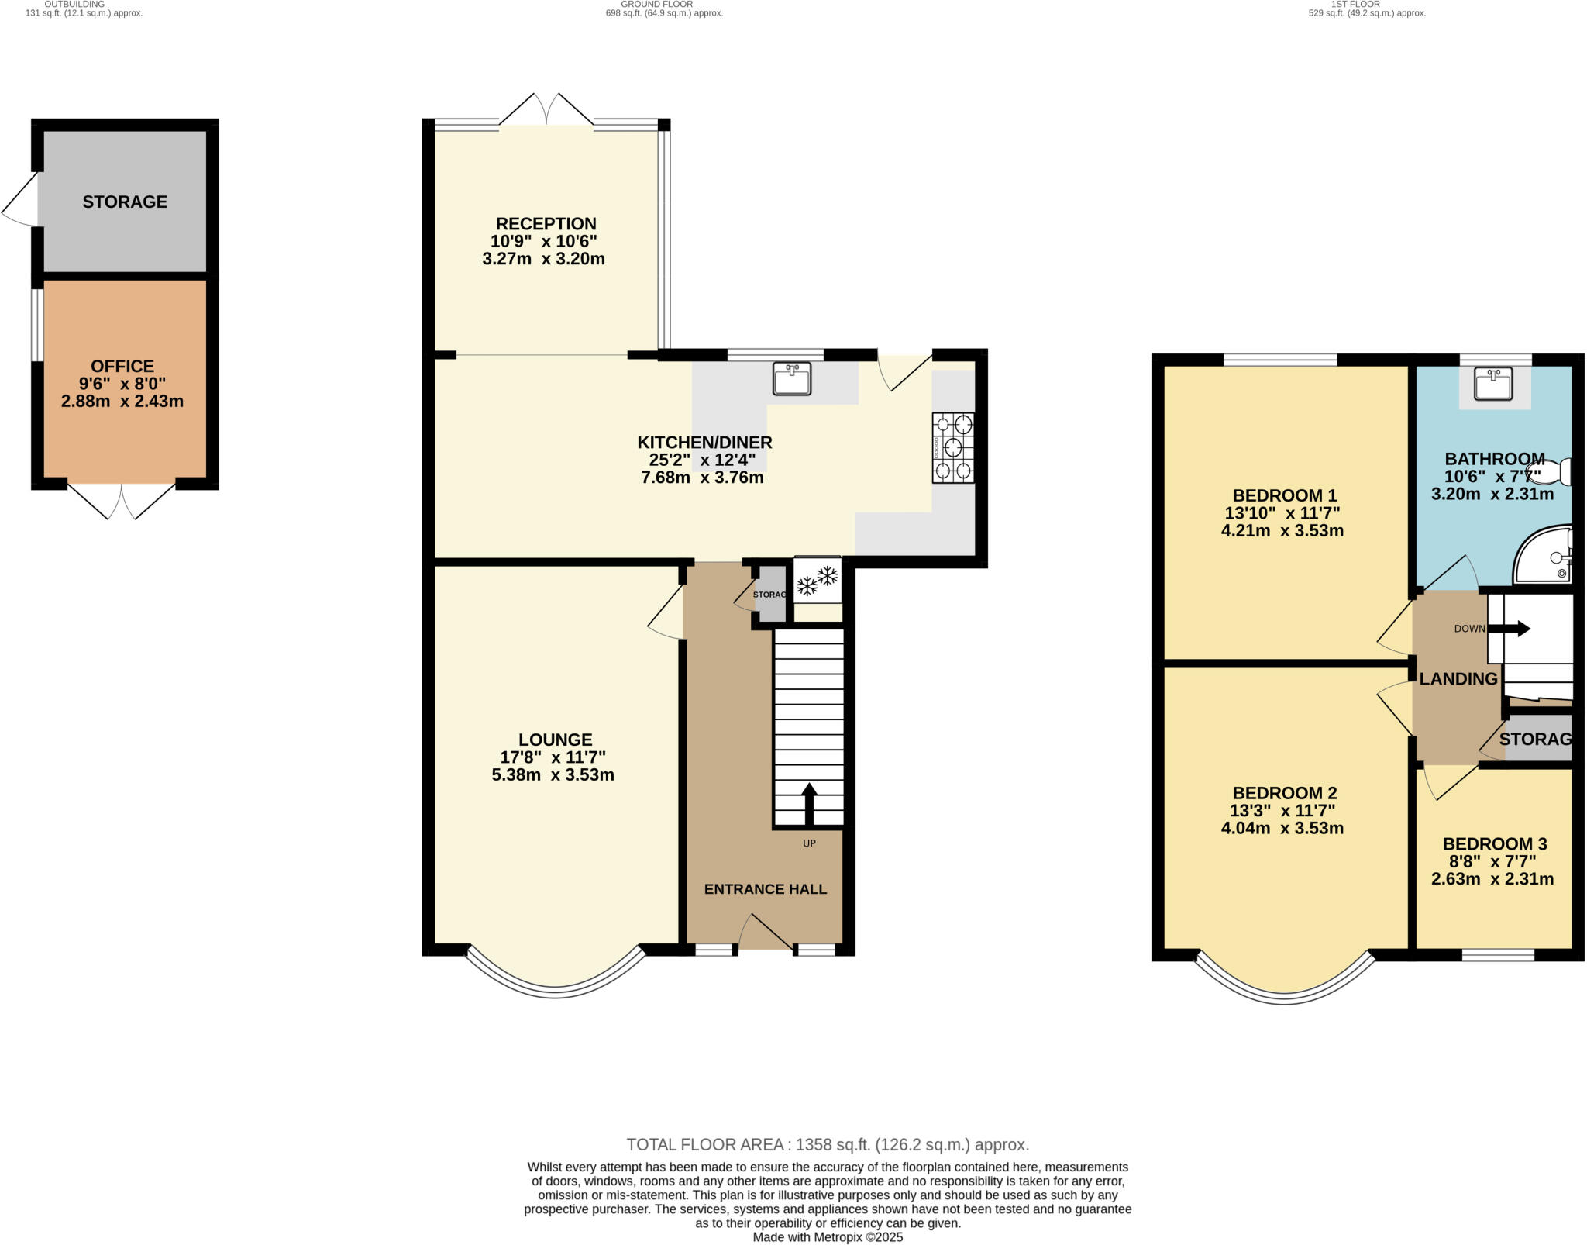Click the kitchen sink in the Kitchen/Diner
click(791, 378)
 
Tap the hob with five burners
click(953, 448)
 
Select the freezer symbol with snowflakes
click(818, 580)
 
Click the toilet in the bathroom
click(1551, 471)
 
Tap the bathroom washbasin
click(1493, 384)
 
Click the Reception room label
click(546, 223)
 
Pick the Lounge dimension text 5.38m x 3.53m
click(553, 774)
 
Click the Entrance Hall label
click(765, 889)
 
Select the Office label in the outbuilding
click(122, 366)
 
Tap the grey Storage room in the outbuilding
click(125, 202)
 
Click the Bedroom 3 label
click(1494, 843)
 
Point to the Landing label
click(1458, 679)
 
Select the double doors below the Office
click(122, 501)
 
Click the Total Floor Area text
click(827, 1144)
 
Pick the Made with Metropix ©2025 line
click(827, 1237)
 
